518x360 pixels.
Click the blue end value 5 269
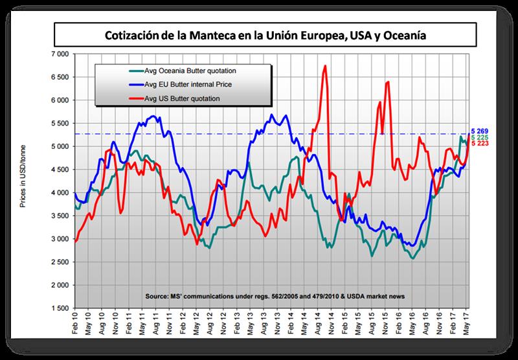(x=480, y=131)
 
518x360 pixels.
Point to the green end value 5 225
(x=480, y=137)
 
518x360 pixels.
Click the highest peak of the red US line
(x=324, y=65)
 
